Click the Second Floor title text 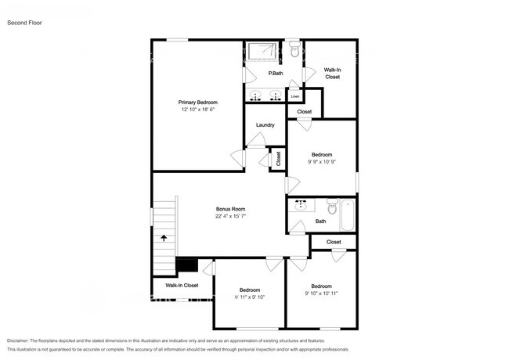coord(24,23)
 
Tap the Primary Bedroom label coord(197,103)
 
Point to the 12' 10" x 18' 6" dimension coord(197,110)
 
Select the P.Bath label coord(276,74)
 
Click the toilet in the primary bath coord(294,51)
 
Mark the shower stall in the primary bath coord(264,51)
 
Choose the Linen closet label coord(294,96)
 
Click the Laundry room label coord(265,125)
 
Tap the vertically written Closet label coord(278,157)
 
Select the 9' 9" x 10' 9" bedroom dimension coord(322,162)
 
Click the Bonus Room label coord(231,209)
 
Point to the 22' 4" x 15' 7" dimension coord(231,217)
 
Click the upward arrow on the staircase coord(164,237)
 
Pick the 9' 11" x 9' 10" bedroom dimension coord(250,297)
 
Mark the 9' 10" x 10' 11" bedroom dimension coord(321,293)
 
